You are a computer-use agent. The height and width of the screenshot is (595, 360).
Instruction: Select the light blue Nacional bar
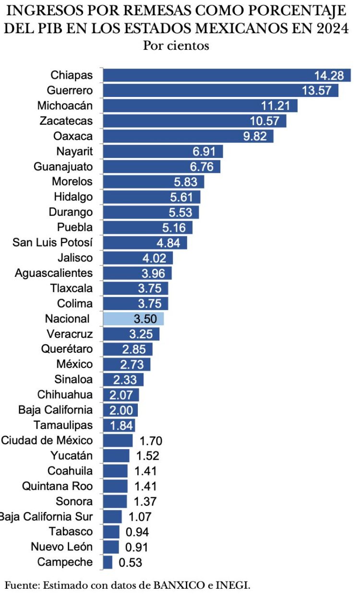coord(133,319)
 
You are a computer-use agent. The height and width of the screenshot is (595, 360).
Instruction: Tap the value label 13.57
coord(317,91)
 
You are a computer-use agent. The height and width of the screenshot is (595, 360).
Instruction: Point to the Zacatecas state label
coord(66,121)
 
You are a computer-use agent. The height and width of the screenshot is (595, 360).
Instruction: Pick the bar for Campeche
coord(108,562)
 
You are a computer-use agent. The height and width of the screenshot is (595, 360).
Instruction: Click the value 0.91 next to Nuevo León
coord(137,547)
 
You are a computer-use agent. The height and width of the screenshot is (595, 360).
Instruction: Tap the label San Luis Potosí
coord(53,242)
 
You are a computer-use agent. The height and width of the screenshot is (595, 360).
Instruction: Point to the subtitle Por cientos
coord(176,46)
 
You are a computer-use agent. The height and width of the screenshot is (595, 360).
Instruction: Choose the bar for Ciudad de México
coord(118,440)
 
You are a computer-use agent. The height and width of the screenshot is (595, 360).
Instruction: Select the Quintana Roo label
coord(58,486)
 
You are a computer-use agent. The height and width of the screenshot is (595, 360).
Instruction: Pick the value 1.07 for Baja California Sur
coord(140,516)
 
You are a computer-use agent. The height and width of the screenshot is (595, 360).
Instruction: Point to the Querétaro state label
coord(67,349)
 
